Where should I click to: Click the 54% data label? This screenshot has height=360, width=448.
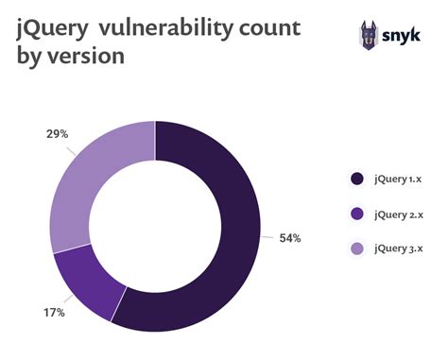[289, 238]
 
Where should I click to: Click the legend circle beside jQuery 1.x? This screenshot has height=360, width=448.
[356, 178]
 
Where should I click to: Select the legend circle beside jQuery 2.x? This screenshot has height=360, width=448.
[356, 214]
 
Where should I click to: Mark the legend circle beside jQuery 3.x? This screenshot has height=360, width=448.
[356, 249]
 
